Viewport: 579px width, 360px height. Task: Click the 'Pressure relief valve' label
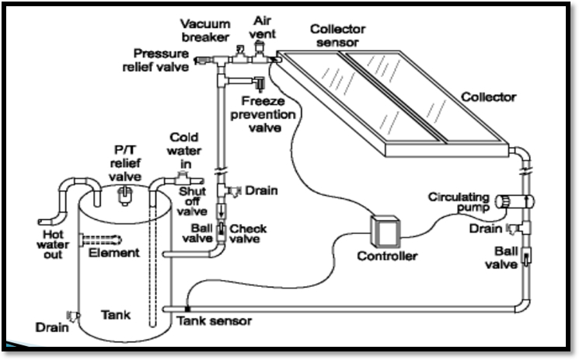pos(160,59)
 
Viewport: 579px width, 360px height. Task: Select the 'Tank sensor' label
pos(214,320)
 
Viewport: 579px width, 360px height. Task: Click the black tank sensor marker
pos(187,309)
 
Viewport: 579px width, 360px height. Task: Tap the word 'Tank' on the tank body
pos(117,315)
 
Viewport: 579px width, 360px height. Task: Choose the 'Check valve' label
pos(249,234)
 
